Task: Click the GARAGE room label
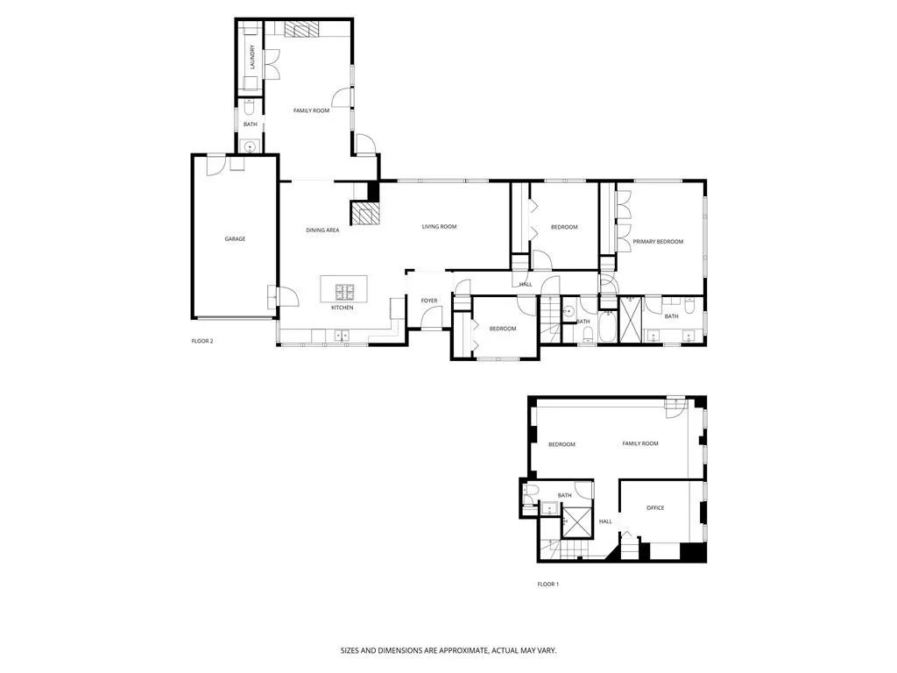point(235,238)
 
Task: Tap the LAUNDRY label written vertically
point(251,57)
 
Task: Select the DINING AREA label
point(322,230)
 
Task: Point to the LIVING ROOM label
point(439,227)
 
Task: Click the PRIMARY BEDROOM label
point(658,241)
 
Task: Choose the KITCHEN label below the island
point(342,308)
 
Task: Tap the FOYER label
point(429,301)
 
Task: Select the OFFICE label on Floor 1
point(655,507)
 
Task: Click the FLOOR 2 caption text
point(202,341)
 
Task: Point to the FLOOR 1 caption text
point(547,584)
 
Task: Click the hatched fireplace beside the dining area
point(364,213)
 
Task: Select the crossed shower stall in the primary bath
point(631,319)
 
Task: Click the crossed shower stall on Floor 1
point(576,520)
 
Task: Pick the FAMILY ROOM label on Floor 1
point(640,443)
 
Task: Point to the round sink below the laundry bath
point(251,146)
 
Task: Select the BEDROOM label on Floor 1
point(562,444)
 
